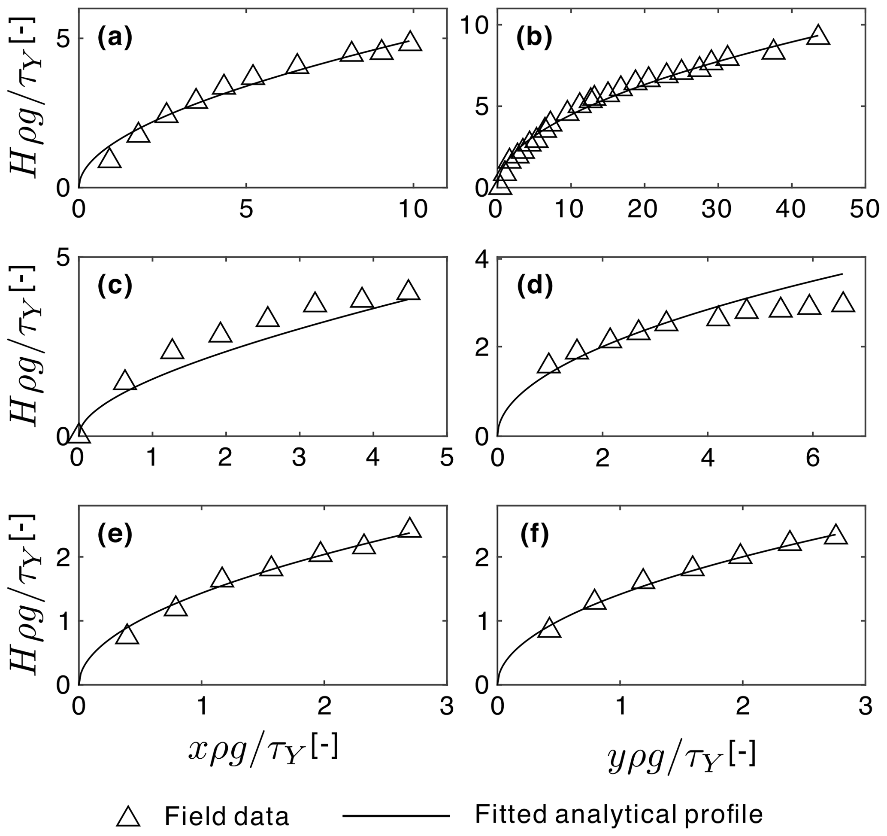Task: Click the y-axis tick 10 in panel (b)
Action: tap(474, 25)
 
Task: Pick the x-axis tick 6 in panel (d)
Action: tap(812, 459)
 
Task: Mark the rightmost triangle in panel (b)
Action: tap(818, 36)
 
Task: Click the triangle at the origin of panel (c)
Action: tap(79, 434)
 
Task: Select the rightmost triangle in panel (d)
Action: tap(843, 304)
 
